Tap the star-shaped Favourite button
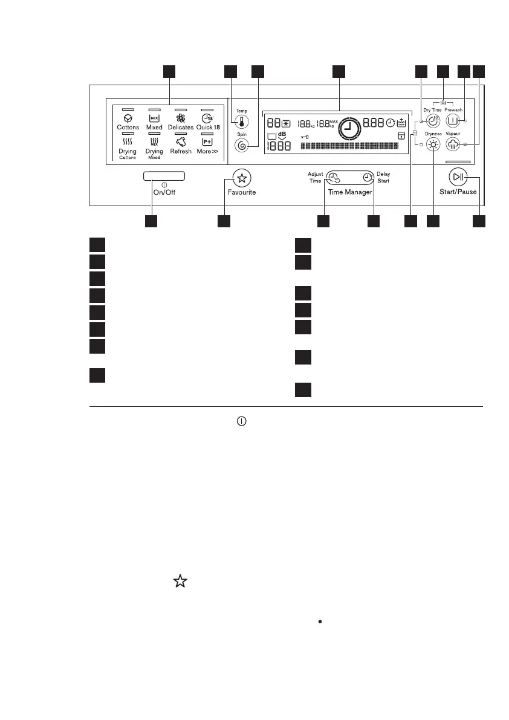(242, 178)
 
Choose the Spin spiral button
(242, 145)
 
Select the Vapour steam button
(454, 144)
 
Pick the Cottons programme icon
(128, 118)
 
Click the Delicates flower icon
(180, 118)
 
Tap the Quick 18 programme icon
(207, 118)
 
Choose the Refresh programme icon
(180, 142)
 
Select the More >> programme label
(207, 151)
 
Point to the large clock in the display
(348, 129)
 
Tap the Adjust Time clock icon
(334, 178)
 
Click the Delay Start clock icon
(368, 177)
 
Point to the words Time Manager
(351, 192)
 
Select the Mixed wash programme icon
(154, 118)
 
